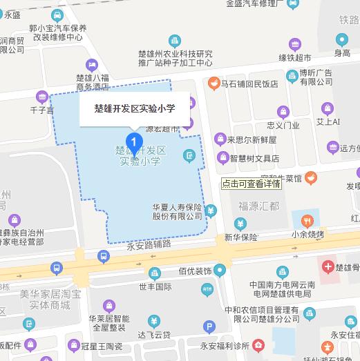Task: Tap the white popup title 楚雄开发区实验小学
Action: point(135,108)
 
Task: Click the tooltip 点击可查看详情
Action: point(251,184)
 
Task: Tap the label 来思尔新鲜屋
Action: point(253,139)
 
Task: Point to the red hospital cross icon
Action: point(326,266)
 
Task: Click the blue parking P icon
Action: point(210,327)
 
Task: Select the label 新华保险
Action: point(240,237)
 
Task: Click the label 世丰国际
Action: point(155,286)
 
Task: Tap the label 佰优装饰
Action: point(195,271)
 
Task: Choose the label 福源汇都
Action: point(258,206)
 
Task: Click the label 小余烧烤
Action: point(307,235)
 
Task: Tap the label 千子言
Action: point(41,110)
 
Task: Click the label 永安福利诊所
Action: point(219,343)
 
